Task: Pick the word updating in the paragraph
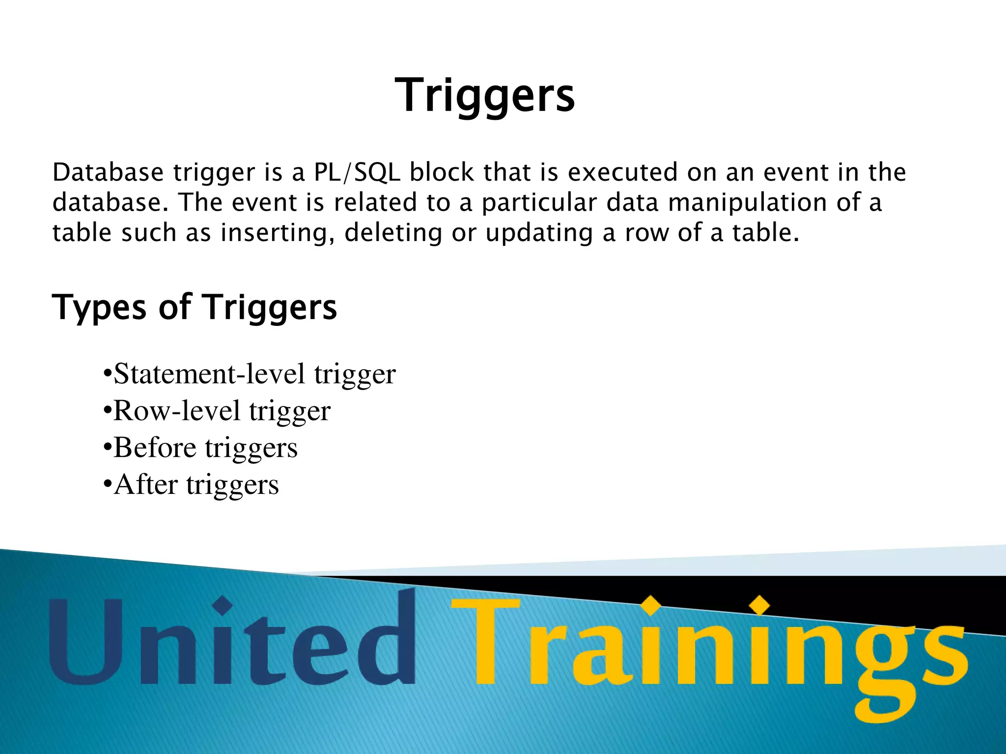coord(539,233)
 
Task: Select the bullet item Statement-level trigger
coord(250,374)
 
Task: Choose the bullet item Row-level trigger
coord(217,411)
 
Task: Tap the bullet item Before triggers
coord(200,448)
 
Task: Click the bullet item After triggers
coord(191,485)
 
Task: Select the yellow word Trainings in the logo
coord(707,648)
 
